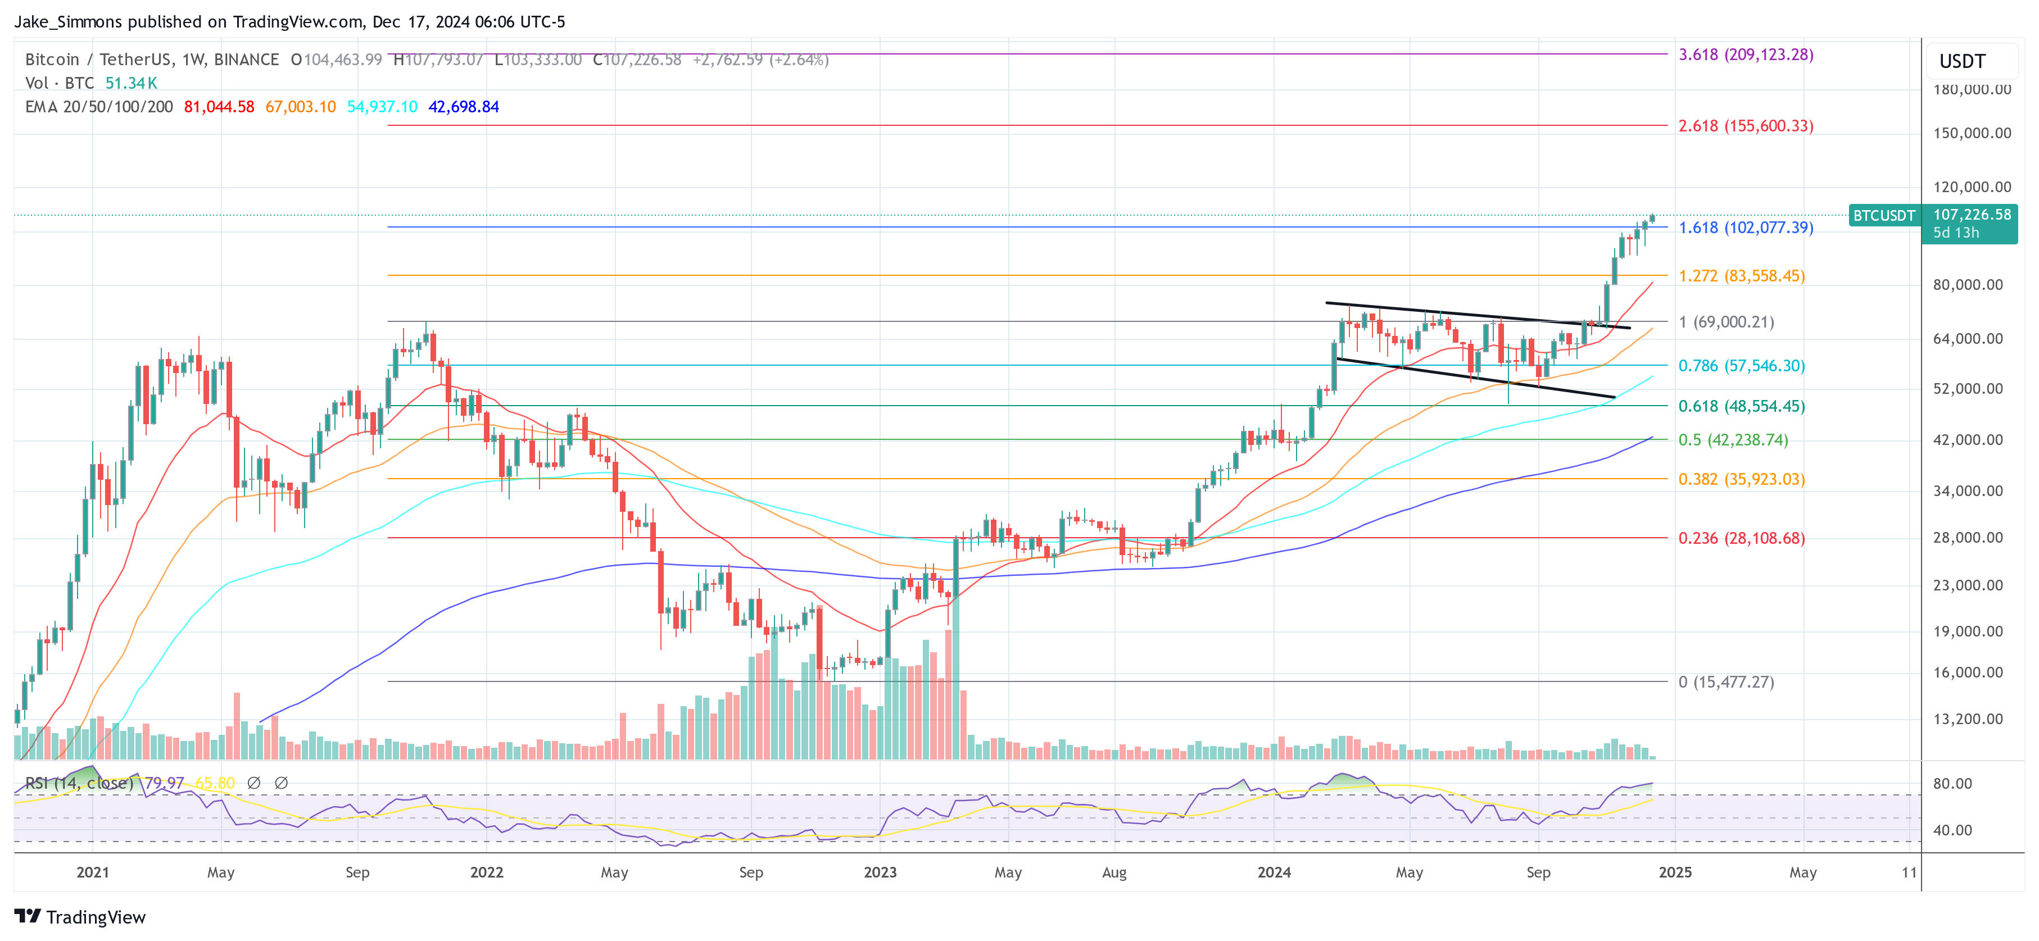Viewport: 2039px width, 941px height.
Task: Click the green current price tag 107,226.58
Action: [x=1971, y=215]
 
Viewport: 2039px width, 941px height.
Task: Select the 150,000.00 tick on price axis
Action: [x=1972, y=133]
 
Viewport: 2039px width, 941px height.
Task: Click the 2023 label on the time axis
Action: [x=880, y=872]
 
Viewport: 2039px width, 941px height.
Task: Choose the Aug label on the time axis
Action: [x=1114, y=872]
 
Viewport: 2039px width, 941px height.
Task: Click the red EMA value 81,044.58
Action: [x=219, y=107]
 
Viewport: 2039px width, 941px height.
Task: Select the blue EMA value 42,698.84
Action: [x=463, y=107]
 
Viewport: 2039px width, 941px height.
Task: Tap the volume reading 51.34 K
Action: [x=132, y=83]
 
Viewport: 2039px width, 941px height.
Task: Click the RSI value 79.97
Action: [x=164, y=783]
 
